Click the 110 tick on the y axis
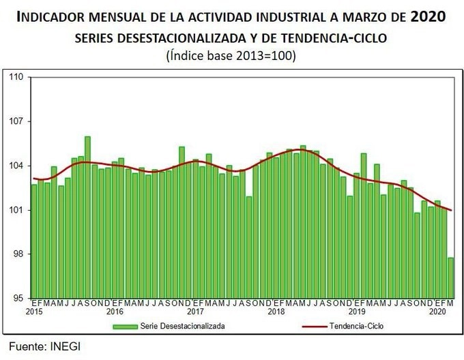point(16,77)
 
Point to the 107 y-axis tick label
point(16,121)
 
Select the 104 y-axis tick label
point(16,166)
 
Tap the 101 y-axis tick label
point(16,210)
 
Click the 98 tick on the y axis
point(18,254)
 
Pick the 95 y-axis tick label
point(18,298)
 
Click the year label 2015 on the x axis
point(34,312)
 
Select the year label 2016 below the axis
point(115,312)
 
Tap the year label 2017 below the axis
point(196,312)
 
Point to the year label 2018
point(276,312)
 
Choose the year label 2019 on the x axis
point(357,312)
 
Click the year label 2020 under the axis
point(437,312)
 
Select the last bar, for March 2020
point(451,277)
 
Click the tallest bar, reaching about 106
point(87,217)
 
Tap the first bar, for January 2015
point(34,241)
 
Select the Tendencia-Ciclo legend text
point(356,327)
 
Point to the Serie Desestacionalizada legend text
point(182,327)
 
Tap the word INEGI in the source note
point(66,346)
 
